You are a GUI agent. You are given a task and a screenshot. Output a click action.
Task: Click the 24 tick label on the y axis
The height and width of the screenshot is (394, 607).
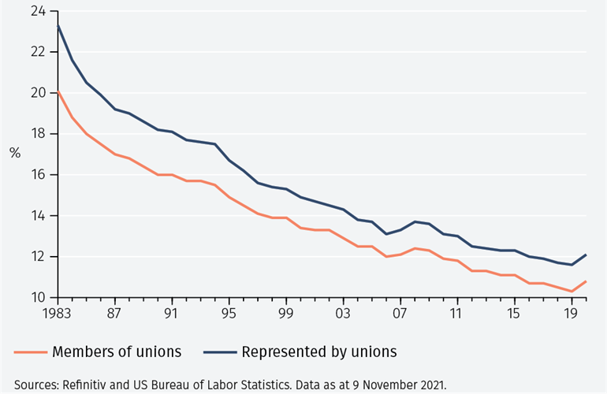click(x=37, y=11)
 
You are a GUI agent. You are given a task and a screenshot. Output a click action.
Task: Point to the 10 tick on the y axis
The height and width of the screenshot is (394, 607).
click(x=37, y=298)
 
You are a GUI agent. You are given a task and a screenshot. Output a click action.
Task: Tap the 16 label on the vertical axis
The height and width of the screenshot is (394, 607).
click(x=37, y=175)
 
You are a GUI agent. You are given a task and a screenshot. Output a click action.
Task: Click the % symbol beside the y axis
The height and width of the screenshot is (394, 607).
click(x=15, y=153)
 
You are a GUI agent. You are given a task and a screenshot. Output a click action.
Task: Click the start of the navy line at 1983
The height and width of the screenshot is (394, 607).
click(x=58, y=25)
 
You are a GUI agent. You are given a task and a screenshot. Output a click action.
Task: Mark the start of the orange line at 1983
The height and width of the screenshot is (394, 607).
click(x=58, y=91)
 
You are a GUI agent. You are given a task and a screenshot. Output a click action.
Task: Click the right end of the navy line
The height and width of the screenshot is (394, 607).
click(x=586, y=255)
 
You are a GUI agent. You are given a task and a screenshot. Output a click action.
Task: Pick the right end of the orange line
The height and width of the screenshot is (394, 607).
click(x=586, y=281)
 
